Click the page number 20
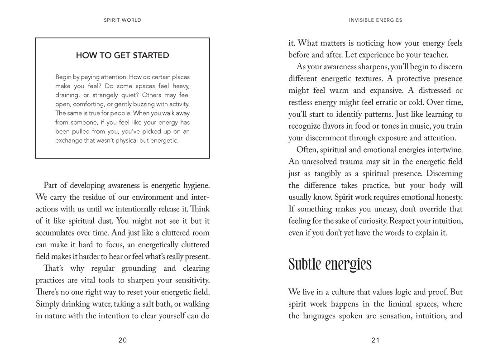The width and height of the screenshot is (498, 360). tap(122, 341)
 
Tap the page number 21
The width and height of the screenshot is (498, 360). tap(375, 341)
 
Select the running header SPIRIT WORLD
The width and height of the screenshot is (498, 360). tap(122, 20)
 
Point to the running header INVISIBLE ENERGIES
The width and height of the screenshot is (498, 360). tap(376, 20)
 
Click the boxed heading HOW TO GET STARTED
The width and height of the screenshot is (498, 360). tap(122, 56)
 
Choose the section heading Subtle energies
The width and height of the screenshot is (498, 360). tap(330, 264)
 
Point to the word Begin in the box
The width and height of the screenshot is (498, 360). tap(63, 77)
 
